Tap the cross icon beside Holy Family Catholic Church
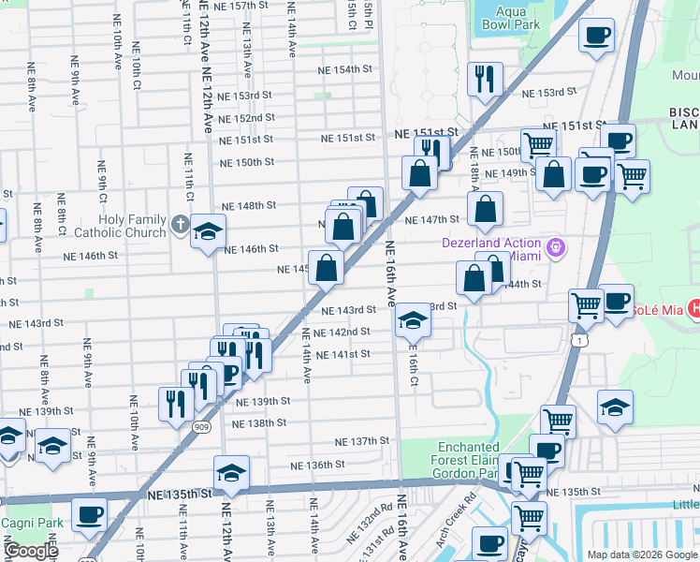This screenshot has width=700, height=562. tap(181, 226)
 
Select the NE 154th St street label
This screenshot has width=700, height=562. tap(345, 70)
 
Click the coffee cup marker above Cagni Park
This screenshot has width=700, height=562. tap(90, 515)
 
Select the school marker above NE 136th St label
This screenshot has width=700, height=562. tap(231, 474)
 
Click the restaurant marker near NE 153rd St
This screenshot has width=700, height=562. tap(484, 80)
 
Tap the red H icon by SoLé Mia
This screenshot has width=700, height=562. tap(693, 307)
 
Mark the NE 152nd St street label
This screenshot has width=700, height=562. tap(246, 118)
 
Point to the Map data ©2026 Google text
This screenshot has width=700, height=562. tap(642, 554)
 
